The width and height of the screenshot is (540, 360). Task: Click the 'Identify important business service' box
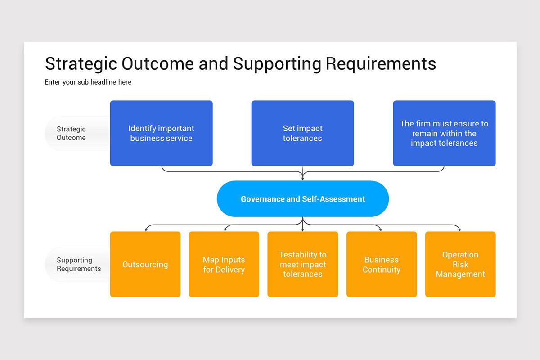point(161,133)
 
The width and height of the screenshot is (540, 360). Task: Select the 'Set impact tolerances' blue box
point(302,133)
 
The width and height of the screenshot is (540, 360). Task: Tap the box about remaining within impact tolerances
point(444,133)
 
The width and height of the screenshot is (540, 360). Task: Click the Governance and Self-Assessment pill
point(303,199)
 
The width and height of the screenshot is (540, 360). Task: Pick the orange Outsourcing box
point(145,264)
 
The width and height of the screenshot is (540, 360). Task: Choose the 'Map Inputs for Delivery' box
point(224,264)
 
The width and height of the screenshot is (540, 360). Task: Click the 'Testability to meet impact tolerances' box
point(303,264)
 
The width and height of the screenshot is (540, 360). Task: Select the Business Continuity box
point(382,264)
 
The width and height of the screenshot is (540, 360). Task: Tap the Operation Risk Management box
point(460,264)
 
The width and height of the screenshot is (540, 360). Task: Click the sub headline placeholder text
point(88,82)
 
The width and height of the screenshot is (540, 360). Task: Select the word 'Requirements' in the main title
point(381,64)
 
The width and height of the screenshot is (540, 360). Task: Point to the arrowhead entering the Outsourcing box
point(145,229)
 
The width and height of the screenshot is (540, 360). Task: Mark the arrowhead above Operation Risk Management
point(460,229)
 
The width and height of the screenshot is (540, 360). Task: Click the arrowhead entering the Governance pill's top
point(303,179)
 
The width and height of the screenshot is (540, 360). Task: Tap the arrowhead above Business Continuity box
point(382,229)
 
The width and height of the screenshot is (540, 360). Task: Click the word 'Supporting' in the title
point(277,64)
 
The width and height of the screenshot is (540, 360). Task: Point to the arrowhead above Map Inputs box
point(224,229)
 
